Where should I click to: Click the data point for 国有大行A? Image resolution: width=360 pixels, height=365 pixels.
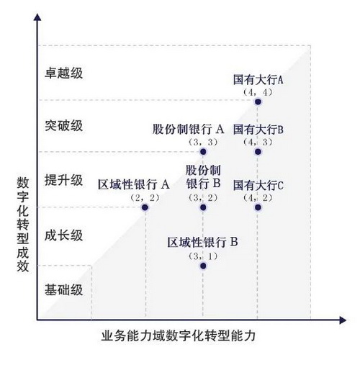click(x=258, y=102)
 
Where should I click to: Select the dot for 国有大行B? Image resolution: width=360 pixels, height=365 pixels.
click(x=258, y=152)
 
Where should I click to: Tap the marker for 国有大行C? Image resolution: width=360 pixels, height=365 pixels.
click(x=258, y=207)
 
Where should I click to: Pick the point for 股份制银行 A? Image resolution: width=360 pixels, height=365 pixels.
click(x=203, y=152)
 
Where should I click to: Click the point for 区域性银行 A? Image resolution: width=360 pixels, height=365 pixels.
click(x=145, y=207)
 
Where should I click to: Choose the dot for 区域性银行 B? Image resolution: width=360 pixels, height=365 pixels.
click(x=203, y=266)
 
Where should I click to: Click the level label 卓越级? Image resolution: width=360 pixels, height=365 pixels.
click(x=64, y=73)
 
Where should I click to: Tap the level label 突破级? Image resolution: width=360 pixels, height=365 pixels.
click(x=64, y=125)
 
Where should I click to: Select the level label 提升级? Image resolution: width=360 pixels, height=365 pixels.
click(x=64, y=180)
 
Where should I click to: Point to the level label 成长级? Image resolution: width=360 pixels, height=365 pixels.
click(x=64, y=235)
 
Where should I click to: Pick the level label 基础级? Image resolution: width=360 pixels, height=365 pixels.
click(x=64, y=289)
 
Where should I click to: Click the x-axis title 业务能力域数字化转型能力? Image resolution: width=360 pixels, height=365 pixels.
click(x=179, y=335)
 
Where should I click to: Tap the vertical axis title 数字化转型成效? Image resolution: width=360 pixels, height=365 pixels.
click(x=23, y=225)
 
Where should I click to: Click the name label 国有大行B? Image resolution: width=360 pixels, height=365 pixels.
click(x=258, y=130)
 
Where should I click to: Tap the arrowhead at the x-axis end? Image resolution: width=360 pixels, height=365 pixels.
click(x=343, y=320)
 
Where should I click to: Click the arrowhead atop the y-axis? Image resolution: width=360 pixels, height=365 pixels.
click(x=37, y=17)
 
